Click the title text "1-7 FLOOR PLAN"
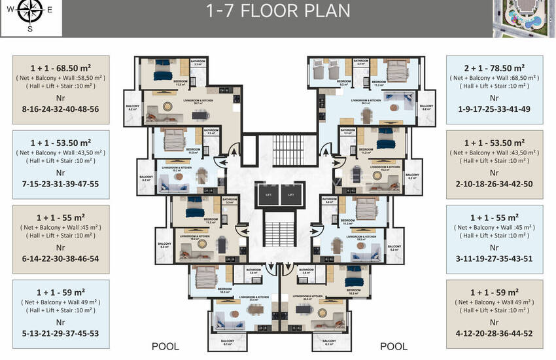click(278, 10)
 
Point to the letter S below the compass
click(29, 28)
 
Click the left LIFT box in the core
click(268, 194)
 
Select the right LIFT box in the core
click(291, 194)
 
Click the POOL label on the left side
click(165, 346)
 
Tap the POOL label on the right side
click(393, 346)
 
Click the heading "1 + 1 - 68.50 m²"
click(60, 68)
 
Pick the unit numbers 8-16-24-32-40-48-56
click(60, 109)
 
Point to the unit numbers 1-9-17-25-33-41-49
click(496, 109)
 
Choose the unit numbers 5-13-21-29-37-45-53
click(60, 333)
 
